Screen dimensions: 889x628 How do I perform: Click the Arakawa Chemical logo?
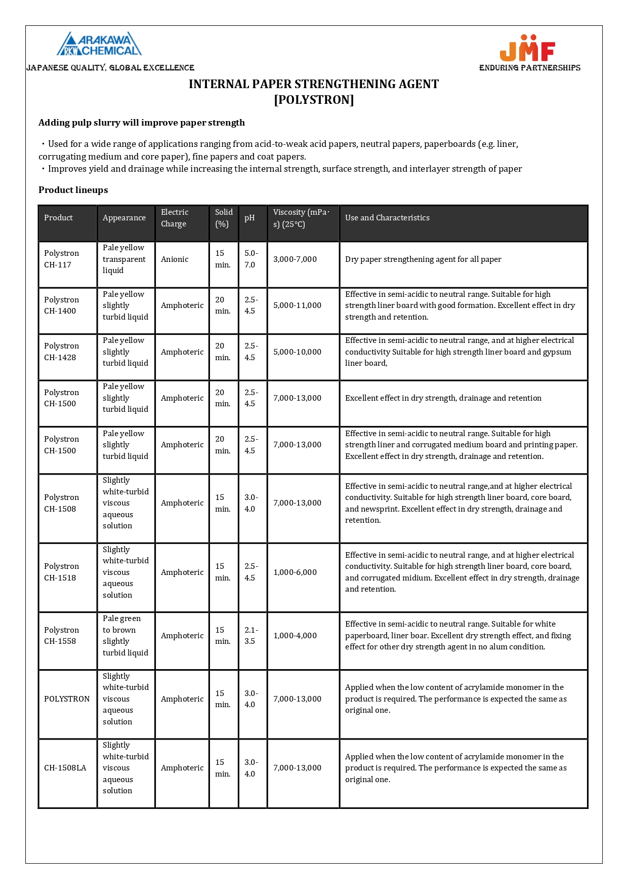pyautogui.click(x=99, y=44)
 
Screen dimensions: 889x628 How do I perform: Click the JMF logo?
pyautogui.click(x=527, y=48)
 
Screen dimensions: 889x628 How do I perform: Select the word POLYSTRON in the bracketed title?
pyautogui.click(x=314, y=100)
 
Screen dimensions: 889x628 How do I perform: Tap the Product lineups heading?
pyautogui.click(x=73, y=190)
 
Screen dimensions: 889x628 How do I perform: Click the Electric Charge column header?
pyautogui.click(x=175, y=218)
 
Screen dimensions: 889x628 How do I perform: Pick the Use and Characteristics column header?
pyautogui.click(x=387, y=218)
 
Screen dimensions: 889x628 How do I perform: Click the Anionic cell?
pyautogui.click(x=175, y=259)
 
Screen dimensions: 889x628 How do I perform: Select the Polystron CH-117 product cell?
pyautogui.click(x=61, y=259)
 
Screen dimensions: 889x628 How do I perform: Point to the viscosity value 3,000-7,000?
pyautogui.click(x=295, y=259)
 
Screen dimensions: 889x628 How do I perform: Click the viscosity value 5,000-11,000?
pyautogui.click(x=297, y=305)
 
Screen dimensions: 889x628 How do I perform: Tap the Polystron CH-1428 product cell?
pyautogui.click(x=61, y=352)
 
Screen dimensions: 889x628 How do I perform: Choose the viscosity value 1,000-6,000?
pyautogui.click(x=295, y=572)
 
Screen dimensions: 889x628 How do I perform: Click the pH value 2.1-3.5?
pyautogui.click(x=251, y=636)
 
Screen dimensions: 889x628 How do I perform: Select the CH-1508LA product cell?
pyautogui.click(x=65, y=768)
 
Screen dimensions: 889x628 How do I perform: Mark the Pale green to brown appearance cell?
pyautogui.click(x=125, y=636)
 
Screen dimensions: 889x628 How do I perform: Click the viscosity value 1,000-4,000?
pyautogui.click(x=295, y=636)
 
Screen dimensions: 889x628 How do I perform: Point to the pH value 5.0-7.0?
pyautogui.click(x=251, y=259)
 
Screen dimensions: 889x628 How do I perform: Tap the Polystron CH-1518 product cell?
pyautogui.click(x=61, y=572)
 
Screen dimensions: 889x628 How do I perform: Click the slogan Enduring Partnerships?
pyautogui.click(x=529, y=68)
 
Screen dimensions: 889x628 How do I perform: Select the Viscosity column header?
pyautogui.click(x=301, y=218)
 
